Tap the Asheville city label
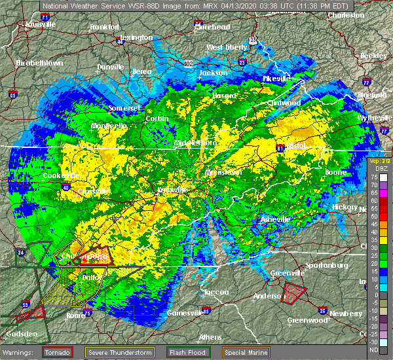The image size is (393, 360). [x=275, y=219]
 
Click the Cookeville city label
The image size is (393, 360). [x=61, y=175]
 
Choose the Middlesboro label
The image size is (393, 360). [x=195, y=142]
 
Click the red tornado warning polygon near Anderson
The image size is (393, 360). [x=295, y=289]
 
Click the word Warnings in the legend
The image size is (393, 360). [x=22, y=352]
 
